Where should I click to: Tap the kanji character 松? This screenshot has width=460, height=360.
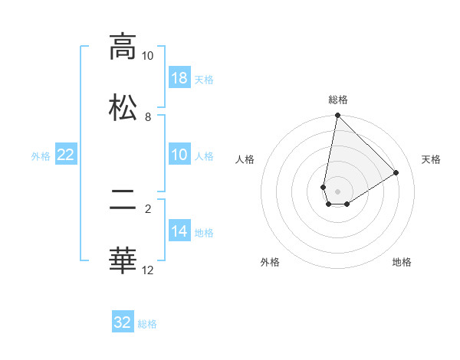tap(123, 106)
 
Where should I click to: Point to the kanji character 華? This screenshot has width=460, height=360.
tap(123, 260)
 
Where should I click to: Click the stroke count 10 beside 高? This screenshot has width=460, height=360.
tap(147, 56)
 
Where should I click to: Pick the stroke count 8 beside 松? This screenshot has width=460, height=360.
tap(148, 117)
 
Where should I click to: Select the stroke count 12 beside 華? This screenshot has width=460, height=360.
tap(147, 270)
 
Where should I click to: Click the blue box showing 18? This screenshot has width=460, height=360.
tap(179, 78)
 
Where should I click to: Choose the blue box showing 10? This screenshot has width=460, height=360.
tap(179, 155)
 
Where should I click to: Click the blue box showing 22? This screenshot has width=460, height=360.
tap(66, 155)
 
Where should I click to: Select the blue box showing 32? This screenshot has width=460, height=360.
tap(123, 322)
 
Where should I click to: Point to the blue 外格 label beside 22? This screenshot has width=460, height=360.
tap(41, 156)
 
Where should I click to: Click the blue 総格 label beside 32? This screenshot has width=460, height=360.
tap(147, 324)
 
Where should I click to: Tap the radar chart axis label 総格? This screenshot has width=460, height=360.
tap(337, 100)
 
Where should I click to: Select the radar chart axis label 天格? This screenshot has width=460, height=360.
tap(432, 159)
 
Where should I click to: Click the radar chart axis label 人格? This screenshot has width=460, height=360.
tap(245, 159)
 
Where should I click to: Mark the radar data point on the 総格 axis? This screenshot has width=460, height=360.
tap(337, 116)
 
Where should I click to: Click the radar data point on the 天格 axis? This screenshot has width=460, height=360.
tap(396, 173)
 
